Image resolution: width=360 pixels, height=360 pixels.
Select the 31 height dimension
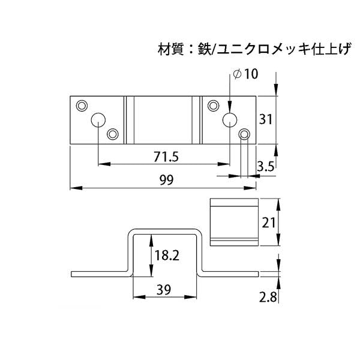coord(266,119)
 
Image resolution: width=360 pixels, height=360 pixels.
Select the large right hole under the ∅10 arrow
coord(229,120)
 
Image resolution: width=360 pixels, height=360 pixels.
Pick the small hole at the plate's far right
coord(244,134)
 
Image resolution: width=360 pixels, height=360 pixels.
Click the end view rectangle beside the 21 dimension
coord(233,222)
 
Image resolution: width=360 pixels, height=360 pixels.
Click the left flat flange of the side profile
coord(99,274)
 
